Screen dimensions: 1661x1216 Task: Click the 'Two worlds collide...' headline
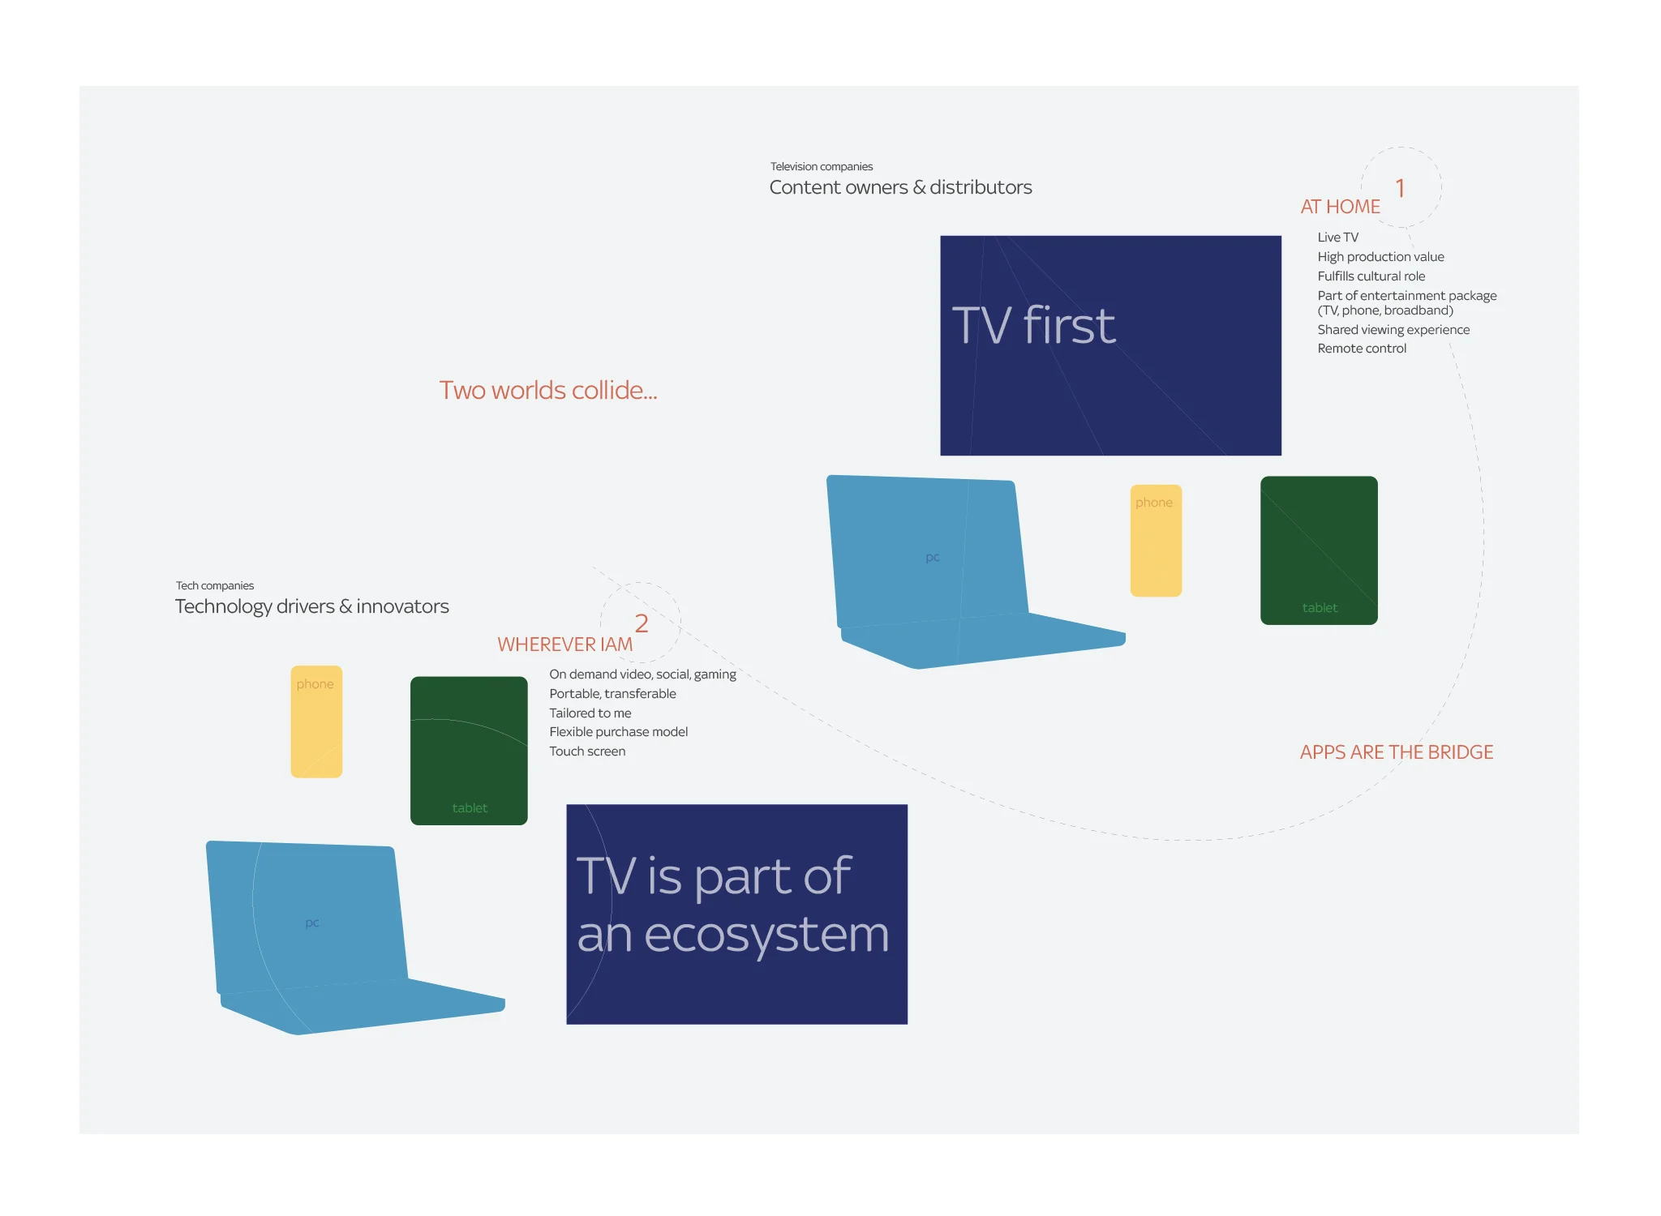pyautogui.click(x=548, y=390)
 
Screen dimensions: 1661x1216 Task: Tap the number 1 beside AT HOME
pyautogui.click(x=1400, y=188)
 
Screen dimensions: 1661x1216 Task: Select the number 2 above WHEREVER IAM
pyautogui.click(x=642, y=623)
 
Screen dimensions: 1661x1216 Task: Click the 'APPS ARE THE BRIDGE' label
pyautogui.click(x=1397, y=752)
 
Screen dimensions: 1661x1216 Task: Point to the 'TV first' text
pyautogui.click(x=1033, y=325)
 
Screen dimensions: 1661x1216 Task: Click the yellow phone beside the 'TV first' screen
pyautogui.click(x=1156, y=541)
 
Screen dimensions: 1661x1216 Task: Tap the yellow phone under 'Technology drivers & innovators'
pyautogui.click(x=316, y=721)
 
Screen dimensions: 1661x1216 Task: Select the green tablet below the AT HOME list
pyautogui.click(x=1319, y=550)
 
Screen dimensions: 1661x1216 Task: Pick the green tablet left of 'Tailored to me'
pyautogui.click(x=469, y=751)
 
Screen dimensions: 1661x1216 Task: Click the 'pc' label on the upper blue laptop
pyautogui.click(x=933, y=558)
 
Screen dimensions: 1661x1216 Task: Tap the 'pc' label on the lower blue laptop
pyautogui.click(x=312, y=923)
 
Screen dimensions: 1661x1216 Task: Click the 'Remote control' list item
pyautogui.click(x=1362, y=349)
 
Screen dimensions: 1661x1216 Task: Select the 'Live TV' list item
pyautogui.click(x=1337, y=238)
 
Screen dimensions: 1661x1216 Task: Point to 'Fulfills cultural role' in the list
pyautogui.click(x=1371, y=276)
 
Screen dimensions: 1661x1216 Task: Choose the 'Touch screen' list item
pyautogui.click(x=587, y=751)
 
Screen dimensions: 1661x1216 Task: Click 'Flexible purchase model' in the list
pyautogui.click(x=618, y=732)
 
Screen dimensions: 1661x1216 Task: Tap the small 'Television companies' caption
pyautogui.click(x=822, y=167)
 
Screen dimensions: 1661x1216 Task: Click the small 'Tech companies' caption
pyautogui.click(x=215, y=586)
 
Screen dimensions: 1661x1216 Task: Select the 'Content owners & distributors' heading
pyautogui.click(x=900, y=187)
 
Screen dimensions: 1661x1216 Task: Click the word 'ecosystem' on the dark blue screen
pyautogui.click(x=766, y=936)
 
